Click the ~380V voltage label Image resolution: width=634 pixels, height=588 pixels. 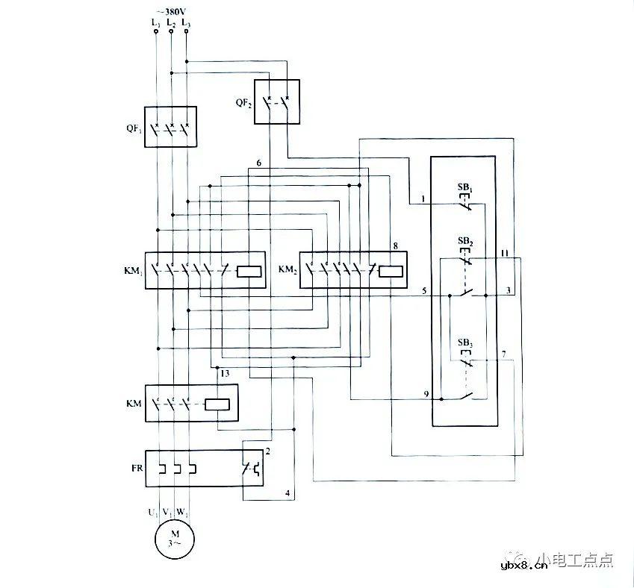(x=171, y=11)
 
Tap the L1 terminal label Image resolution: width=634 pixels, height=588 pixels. (x=155, y=24)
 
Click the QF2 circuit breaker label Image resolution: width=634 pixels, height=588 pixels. (x=243, y=103)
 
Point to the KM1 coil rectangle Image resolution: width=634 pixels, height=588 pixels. (x=248, y=271)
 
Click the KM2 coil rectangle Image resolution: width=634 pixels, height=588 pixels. (x=391, y=271)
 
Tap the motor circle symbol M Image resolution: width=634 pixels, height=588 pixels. (x=174, y=537)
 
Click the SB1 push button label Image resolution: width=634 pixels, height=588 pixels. (x=464, y=184)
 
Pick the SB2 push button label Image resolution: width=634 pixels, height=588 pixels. (x=464, y=243)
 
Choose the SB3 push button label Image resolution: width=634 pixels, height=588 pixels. (x=464, y=343)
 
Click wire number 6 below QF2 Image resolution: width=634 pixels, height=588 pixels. (x=258, y=163)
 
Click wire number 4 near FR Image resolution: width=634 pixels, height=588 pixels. (x=286, y=493)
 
